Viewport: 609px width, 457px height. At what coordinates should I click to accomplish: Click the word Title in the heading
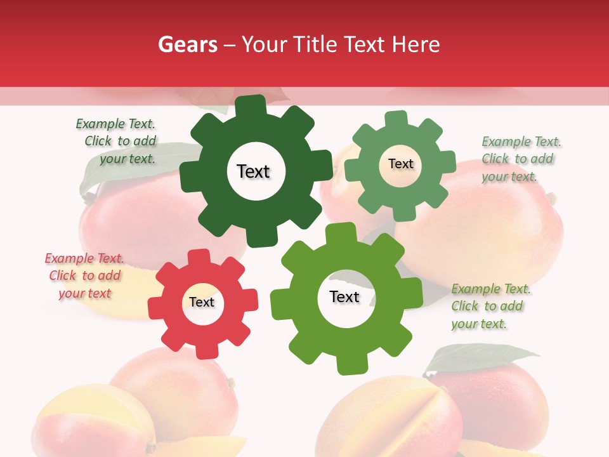[x=315, y=44]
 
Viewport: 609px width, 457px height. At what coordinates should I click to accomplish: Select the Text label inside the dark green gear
[x=253, y=171]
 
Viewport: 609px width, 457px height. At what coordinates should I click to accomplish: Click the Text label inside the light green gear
[x=400, y=164]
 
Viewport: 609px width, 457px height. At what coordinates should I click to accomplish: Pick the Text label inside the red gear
[x=202, y=302]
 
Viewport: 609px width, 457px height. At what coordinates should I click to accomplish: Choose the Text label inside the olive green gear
[x=344, y=297]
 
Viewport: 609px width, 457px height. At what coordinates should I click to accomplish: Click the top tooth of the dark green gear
[x=251, y=105]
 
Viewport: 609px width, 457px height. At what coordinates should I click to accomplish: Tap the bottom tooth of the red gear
[x=207, y=351]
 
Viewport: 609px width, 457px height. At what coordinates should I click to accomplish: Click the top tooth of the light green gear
[x=396, y=119]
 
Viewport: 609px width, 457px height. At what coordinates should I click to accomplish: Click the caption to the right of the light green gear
[x=520, y=159]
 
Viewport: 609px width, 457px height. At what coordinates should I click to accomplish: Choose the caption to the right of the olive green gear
[x=490, y=306]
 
